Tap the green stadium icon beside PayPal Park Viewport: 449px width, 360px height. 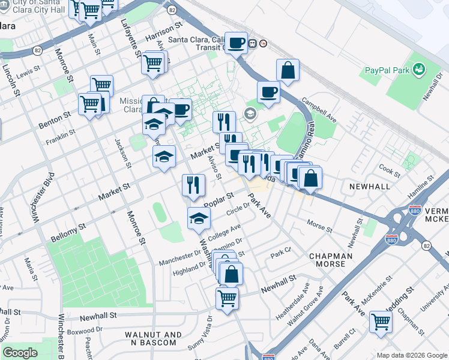point(419,70)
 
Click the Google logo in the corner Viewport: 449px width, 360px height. point(20,353)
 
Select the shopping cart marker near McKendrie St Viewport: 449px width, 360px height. point(381,322)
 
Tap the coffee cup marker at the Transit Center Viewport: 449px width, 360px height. point(237,43)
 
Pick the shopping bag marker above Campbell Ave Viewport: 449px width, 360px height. point(288,70)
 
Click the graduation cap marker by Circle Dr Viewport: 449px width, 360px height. point(199,218)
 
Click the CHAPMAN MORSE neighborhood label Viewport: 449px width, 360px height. point(327,260)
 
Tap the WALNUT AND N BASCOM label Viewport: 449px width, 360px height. point(150,338)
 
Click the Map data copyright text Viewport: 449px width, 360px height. point(411,355)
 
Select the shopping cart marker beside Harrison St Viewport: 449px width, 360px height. point(154,62)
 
